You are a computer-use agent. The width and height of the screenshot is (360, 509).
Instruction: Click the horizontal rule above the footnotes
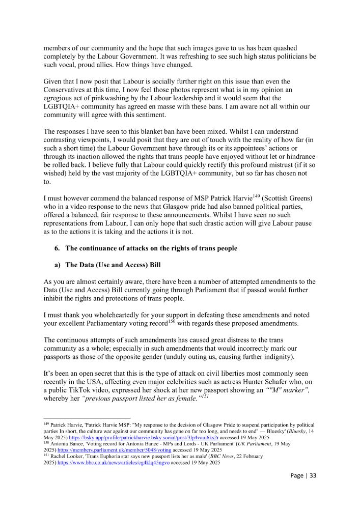click(87, 417)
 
